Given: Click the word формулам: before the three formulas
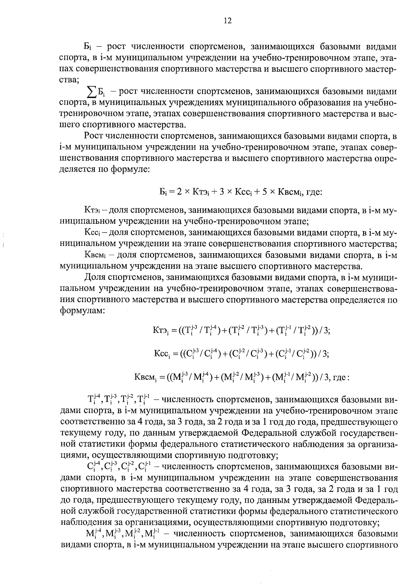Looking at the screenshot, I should click(x=82, y=310).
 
